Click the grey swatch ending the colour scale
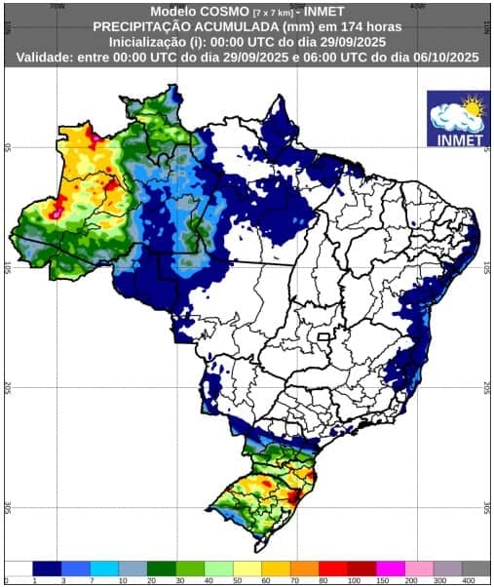[x=475, y=567]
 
